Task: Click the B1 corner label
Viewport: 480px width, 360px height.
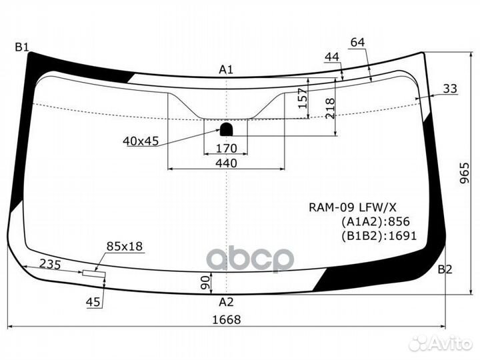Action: pyautogui.click(x=22, y=47)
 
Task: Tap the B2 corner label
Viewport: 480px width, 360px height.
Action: pyautogui.click(x=445, y=269)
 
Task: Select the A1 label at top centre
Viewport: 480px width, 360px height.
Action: pyautogui.click(x=226, y=70)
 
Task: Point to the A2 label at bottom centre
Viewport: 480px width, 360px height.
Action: pyautogui.click(x=226, y=303)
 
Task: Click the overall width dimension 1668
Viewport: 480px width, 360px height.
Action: pyautogui.click(x=227, y=319)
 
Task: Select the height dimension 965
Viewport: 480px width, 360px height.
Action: pyautogui.click(x=465, y=173)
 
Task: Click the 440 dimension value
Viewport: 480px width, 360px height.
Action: pyautogui.click(x=226, y=163)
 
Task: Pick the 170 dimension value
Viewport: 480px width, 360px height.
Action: pyautogui.click(x=227, y=149)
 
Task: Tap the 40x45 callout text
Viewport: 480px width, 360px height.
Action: pyautogui.click(x=141, y=141)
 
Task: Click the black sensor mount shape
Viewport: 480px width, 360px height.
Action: pyautogui.click(x=226, y=129)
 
